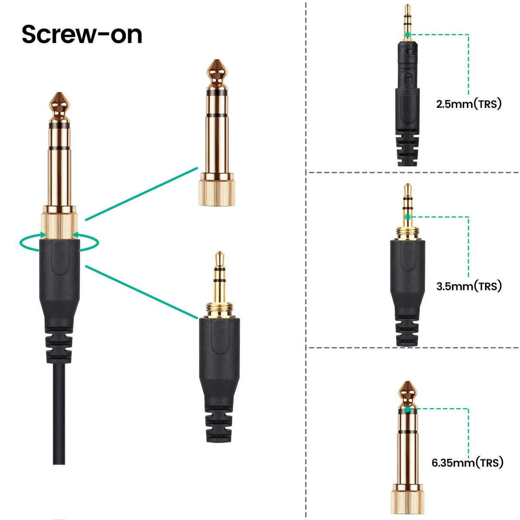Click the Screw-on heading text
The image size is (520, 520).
coord(82,35)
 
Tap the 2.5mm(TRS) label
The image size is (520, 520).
coord(469,104)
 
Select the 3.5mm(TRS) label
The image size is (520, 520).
coord(469,286)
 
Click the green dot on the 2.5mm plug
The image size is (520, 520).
coord(407,35)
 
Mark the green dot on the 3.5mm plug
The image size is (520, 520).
coord(408,216)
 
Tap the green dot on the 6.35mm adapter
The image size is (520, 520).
coord(407,409)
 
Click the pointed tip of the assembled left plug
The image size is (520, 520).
coord(59,93)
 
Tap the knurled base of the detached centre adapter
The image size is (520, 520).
coord(217,193)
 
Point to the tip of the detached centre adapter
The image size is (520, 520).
coord(217,60)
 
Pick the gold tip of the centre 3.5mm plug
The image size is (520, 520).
coord(219,259)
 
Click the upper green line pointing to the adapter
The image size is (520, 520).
coord(141,194)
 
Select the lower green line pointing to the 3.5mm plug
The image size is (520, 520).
coord(141,292)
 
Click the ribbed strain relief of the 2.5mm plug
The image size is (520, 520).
coord(407,150)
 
